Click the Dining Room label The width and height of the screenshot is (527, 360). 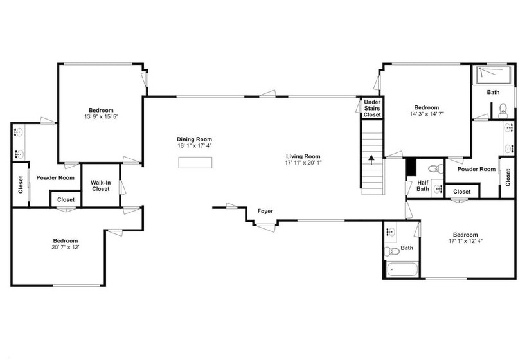click(194, 139)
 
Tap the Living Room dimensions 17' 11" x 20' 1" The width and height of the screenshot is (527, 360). click(303, 163)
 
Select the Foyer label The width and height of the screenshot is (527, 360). click(265, 211)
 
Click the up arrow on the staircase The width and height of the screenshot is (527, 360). click(371, 159)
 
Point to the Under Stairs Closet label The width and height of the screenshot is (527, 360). click(372, 108)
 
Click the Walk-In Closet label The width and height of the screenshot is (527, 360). click(100, 186)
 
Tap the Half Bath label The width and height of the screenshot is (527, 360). click(422, 186)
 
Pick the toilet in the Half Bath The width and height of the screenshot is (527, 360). click(436, 168)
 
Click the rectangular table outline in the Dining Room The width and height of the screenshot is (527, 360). click(195, 163)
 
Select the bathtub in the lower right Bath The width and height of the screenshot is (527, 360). click(402, 269)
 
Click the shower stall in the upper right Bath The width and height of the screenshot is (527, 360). click(494, 75)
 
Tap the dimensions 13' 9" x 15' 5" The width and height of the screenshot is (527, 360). click(101, 117)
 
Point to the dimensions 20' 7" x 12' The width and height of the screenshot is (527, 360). click(66, 248)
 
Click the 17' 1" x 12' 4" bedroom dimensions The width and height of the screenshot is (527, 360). click(465, 241)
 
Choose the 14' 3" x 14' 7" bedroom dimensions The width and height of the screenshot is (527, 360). click(427, 114)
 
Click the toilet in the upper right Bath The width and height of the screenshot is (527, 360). click(503, 111)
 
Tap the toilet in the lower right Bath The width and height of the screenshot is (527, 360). click(391, 251)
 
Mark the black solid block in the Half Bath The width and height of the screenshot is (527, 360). click(411, 166)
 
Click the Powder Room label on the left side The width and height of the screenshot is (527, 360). click(55, 178)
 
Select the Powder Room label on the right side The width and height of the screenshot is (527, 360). click(477, 169)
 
